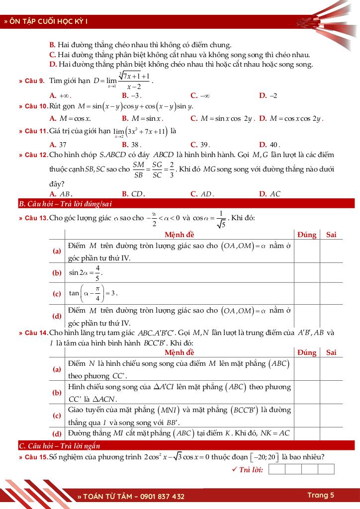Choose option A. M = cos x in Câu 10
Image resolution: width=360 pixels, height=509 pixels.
pos(70,119)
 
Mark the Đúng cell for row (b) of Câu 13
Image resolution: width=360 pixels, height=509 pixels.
pos(306,273)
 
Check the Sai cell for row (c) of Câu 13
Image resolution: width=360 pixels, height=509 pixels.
pos(331,293)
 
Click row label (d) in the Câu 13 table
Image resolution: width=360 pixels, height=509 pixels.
pos(57,316)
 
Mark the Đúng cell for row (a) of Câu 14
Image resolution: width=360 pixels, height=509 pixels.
pos(306,369)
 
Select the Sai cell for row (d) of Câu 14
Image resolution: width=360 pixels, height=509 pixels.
pos(331,433)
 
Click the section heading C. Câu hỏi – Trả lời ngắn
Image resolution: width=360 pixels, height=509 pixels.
pos(59,445)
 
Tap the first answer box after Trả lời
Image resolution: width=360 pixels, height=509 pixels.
pos(277,469)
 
